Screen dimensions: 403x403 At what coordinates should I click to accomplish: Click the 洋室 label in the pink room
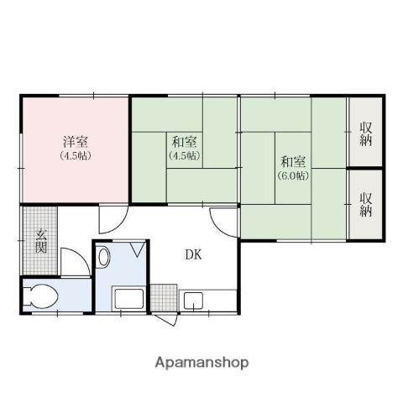tap(75, 141)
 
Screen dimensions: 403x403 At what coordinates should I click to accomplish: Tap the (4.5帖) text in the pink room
tap(75, 156)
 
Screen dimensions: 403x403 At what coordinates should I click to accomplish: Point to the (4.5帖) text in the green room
tap(184, 156)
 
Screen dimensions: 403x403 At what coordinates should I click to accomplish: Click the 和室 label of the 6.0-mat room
tap(292, 160)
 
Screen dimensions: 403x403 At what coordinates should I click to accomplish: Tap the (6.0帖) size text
tap(292, 175)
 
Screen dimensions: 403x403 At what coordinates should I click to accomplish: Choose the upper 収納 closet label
tap(366, 133)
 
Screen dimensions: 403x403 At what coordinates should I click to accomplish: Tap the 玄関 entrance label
tap(40, 240)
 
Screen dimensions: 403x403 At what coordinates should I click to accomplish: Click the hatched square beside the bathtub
tap(164, 297)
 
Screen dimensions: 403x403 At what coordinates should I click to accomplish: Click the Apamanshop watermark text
tap(201, 364)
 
